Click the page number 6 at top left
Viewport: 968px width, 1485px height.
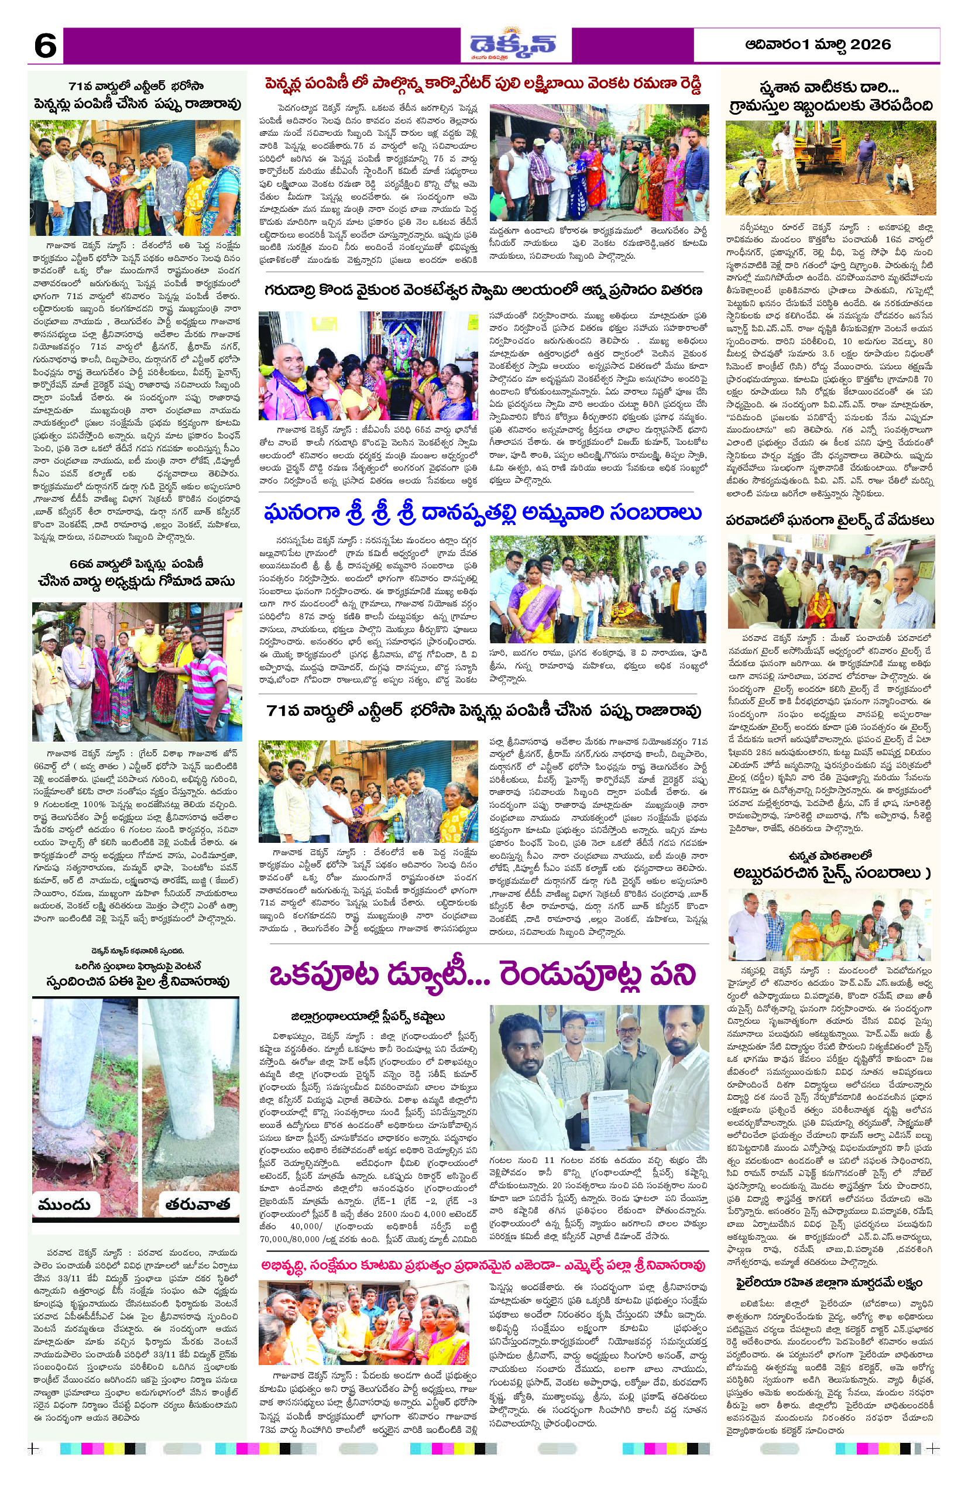45,46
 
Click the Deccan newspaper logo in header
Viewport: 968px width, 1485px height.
513,45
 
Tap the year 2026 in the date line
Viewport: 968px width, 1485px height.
870,44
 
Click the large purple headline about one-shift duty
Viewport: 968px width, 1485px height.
482,975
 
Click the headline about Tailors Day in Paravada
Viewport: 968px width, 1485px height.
829,520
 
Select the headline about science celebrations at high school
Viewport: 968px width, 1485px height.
829,864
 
